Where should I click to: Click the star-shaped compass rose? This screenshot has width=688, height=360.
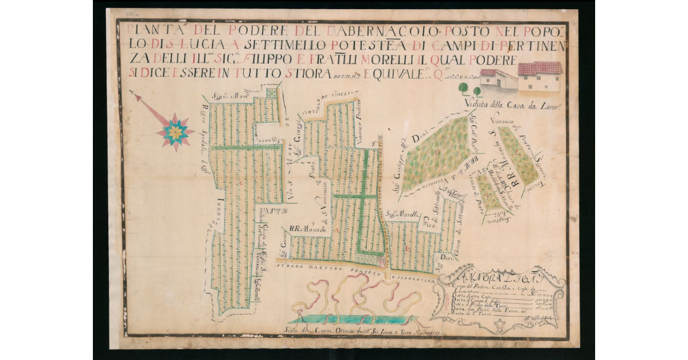point(175,132)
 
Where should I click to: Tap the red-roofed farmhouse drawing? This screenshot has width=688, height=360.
point(539,76)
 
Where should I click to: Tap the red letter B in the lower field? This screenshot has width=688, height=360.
point(406,248)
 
